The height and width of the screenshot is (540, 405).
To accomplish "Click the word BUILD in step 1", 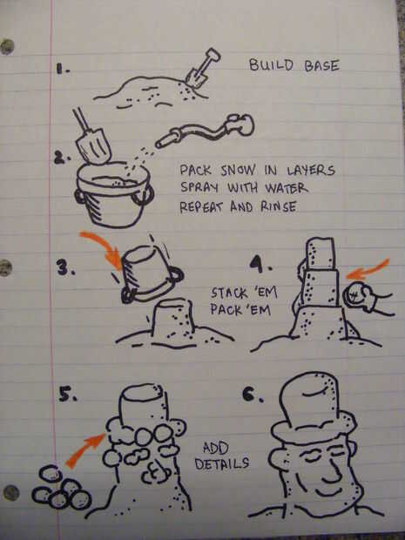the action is pyautogui.click(x=271, y=64).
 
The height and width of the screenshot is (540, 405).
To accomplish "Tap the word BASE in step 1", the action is pyautogui.click(x=321, y=65).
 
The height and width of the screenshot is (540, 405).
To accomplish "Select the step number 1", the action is pyautogui.click(x=62, y=70).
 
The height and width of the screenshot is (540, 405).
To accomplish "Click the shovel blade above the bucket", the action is pyautogui.click(x=94, y=146).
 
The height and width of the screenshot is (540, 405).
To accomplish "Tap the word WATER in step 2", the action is pyautogui.click(x=286, y=188).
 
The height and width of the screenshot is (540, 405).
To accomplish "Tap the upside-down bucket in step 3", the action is pyautogui.click(x=150, y=273).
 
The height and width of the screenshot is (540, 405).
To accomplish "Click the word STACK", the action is pyautogui.click(x=229, y=293).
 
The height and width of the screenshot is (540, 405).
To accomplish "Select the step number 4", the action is pyautogui.click(x=259, y=265).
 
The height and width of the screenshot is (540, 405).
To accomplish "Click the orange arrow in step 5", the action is pyautogui.click(x=84, y=449).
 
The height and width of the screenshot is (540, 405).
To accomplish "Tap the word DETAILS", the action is pyautogui.click(x=221, y=463).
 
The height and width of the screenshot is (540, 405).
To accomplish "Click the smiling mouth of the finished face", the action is pyautogui.click(x=328, y=492).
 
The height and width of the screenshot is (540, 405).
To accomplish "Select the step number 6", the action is pyautogui.click(x=252, y=395).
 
